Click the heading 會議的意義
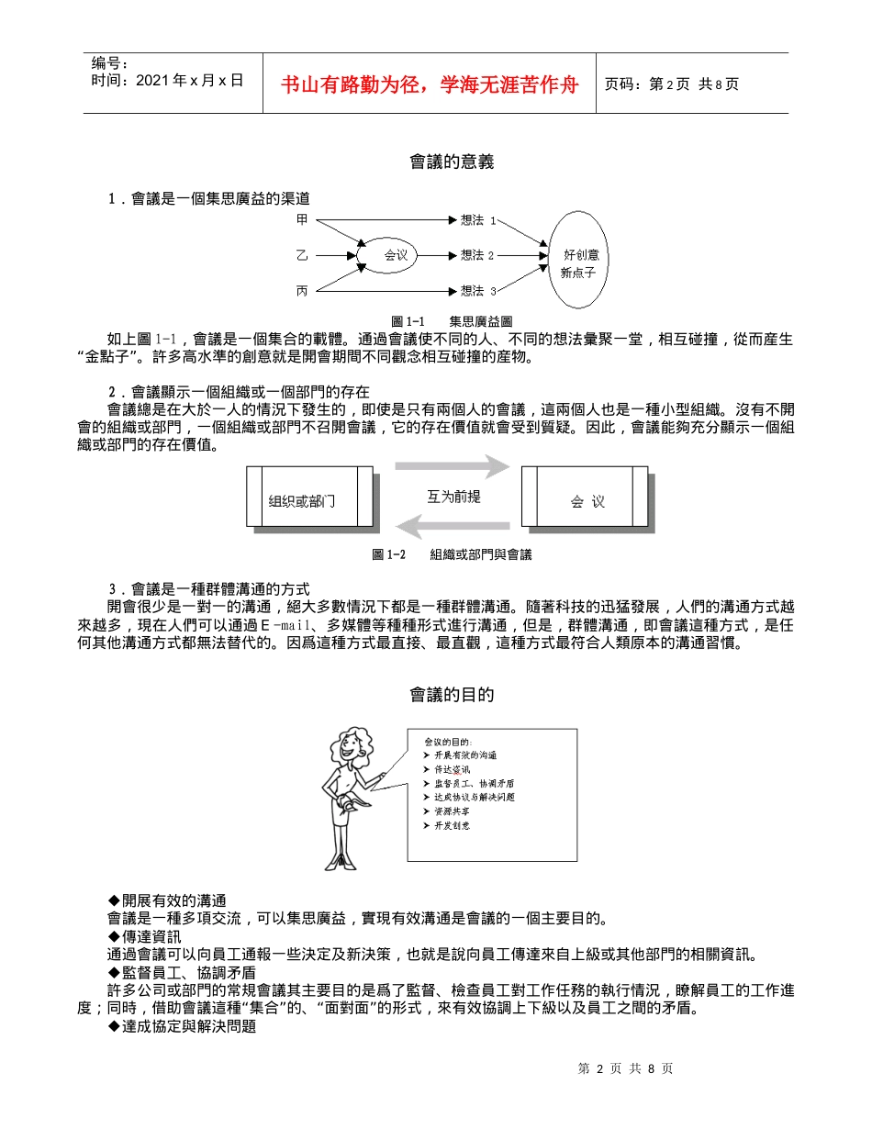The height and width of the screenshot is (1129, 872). (452, 162)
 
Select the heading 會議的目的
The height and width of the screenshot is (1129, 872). (452, 695)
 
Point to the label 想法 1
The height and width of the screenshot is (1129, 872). (477, 220)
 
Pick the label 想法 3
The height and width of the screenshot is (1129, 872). (477, 291)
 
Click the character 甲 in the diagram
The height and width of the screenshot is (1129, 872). (302, 220)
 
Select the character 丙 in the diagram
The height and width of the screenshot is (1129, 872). (302, 291)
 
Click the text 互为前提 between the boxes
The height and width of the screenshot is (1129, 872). (453, 497)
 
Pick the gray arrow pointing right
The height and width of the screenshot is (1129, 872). (453, 467)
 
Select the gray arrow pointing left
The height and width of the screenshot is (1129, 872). (453, 527)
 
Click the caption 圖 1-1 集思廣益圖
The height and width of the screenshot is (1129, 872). (451, 321)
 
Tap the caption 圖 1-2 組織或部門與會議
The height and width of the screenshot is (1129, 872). (452, 554)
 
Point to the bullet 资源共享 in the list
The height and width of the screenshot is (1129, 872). (453, 811)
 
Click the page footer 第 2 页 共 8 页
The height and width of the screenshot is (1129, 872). (625, 1068)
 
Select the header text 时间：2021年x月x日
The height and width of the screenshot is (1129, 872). (167, 81)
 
